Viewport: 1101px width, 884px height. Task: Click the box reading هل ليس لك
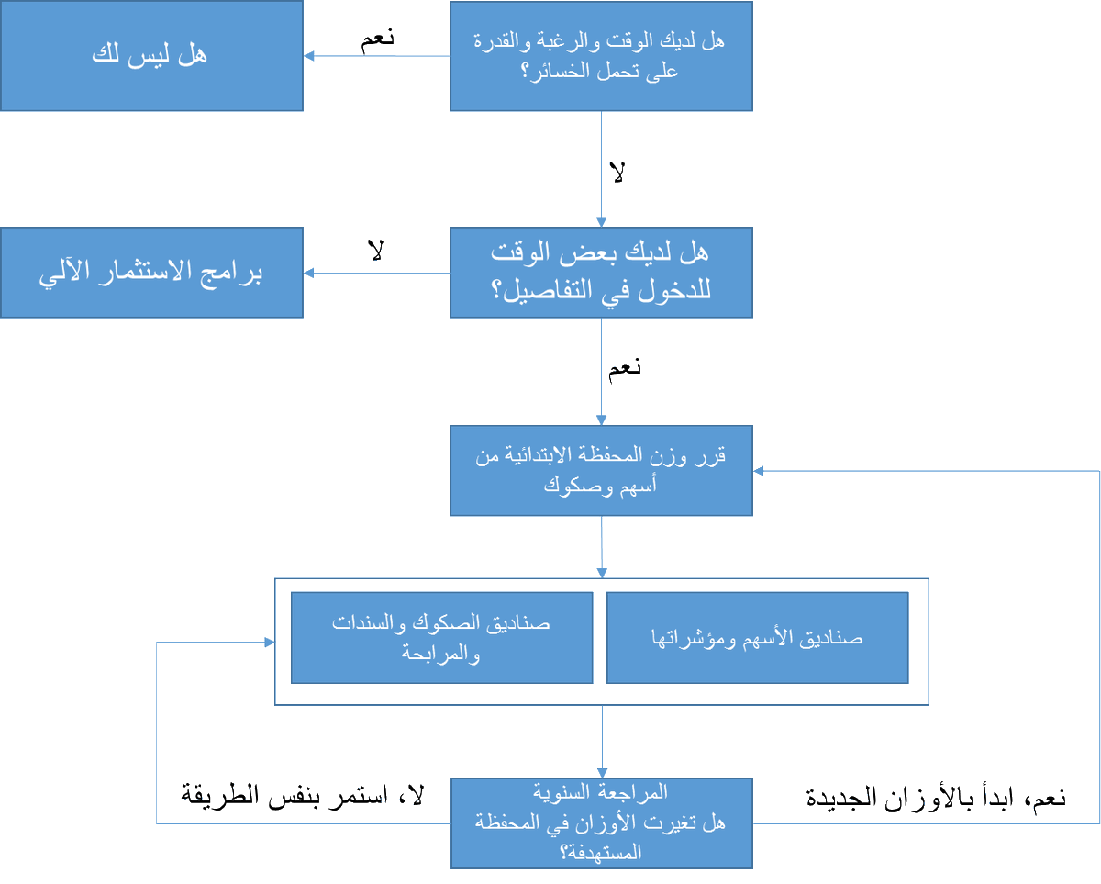click(x=151, y=56)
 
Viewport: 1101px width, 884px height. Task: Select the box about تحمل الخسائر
click(x=601, y=56)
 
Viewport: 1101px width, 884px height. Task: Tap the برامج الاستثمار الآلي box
click(x=151, y=273)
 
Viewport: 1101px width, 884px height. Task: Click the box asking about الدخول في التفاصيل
click(x=601, y=273)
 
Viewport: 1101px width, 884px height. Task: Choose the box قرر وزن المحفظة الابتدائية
click(x=601, y=470)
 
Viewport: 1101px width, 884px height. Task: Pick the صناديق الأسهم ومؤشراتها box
click(x=758, y=638)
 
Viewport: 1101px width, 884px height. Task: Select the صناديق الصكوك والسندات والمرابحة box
click(x=441, y=638)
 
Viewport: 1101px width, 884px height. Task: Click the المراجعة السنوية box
click(x=601, y=822)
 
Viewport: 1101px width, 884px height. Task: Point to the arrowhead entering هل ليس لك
click(x=309, y=56)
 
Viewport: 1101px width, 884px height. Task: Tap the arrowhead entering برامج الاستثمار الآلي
click(x=309, y=273)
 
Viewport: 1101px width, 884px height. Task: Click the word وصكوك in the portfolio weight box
click(x=573, y=487)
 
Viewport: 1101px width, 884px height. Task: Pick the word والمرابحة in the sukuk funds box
click(x=441, y=655)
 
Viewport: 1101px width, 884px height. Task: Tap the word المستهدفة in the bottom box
click(x=601, y=853)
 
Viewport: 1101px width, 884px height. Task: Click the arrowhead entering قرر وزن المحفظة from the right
click(x=759, y=470)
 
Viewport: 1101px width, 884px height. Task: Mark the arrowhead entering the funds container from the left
click(x=270, y=643)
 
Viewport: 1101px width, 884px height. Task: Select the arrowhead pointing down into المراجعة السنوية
click(x=601, y=772)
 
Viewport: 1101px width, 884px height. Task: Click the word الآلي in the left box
click(x=64, y=274)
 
